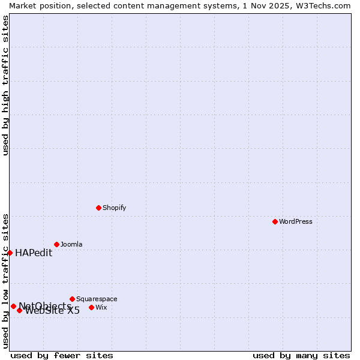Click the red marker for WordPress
point(275,221)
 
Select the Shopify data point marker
point(98,208)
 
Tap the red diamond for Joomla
point(56,244)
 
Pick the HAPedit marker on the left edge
point(10,253)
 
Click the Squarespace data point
point(72,299)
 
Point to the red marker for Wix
point(91,307)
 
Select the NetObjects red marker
point(13,306)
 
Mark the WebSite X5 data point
point(19,310)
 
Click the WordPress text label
point(296,221)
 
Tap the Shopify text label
point(114,208)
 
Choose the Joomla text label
point(71,244)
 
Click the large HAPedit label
point(34,253)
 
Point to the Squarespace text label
point(97,299)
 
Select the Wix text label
point(101,307)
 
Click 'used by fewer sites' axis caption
point(62,355)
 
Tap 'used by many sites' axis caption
point(301,355)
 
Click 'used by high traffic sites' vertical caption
point(5,85)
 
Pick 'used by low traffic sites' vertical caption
point(5,280)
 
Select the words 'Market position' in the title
point(37,5)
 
